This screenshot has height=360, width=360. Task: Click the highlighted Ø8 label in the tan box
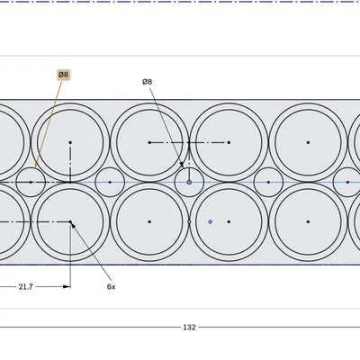point(63,75)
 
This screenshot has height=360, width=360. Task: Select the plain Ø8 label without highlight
point(147,81)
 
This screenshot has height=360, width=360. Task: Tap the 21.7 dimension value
point(26,286)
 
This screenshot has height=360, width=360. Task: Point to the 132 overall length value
point(189,327)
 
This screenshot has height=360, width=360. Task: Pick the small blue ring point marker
point(210,221)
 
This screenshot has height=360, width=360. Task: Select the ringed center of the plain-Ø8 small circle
point(189,182)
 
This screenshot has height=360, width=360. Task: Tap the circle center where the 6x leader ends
point(70,221)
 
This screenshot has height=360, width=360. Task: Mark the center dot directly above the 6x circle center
point(70,142)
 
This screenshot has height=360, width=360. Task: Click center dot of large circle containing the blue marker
point(229,221)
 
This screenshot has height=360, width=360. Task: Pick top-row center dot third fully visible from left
point(229,142)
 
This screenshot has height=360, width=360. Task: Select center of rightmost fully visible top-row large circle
point(308,142)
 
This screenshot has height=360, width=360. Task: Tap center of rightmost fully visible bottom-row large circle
point(308,221)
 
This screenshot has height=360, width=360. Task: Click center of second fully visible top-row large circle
point(149,142)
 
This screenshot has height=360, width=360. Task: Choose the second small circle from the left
point(110,182)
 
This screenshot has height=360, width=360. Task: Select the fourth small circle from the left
point(268,182)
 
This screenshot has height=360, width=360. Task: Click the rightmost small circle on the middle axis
point(347,182)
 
